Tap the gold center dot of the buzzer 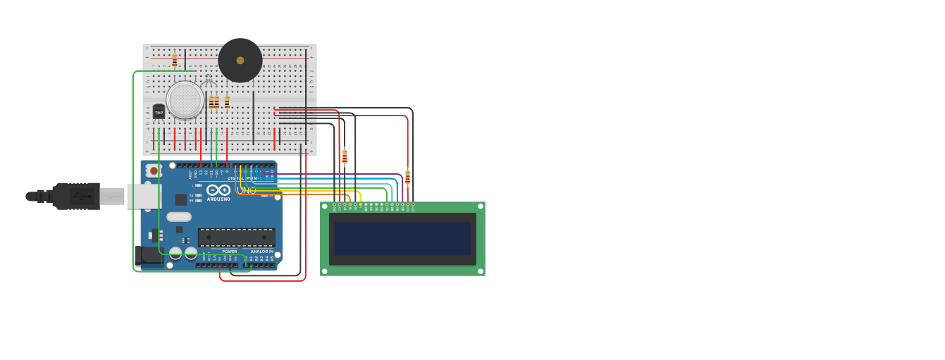pyautogui.click(x=240, y=61)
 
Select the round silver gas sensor pyautogui.click(x=185, y=99)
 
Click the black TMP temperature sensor pyautogui.click(x=159, y=112)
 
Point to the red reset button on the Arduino pyautogui.click(x=154, y=170)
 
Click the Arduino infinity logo pyautogui.click(x=218, y=190)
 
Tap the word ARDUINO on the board pyautogui.click(x=218, y=199)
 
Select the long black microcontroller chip pyautogui.click(x=236, y=237)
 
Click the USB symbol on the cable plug pyautogui.click(x=83, y=196)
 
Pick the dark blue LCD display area pyautogui.click(x=402, y=239)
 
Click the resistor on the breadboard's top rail pyautogui.click(x=175, y=61)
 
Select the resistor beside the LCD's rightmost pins pyautogui.click(x=407, y=177)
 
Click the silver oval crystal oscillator pyautogui.click(x=179, y=217)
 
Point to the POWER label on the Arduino pyautogui.click(x=230, y=252)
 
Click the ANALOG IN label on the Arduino pyautogui.click(x=261, y=252)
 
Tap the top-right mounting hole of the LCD pyautogui.click(x=481, y=206)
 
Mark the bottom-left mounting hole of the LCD pyautogui.click(x=324, y=271)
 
